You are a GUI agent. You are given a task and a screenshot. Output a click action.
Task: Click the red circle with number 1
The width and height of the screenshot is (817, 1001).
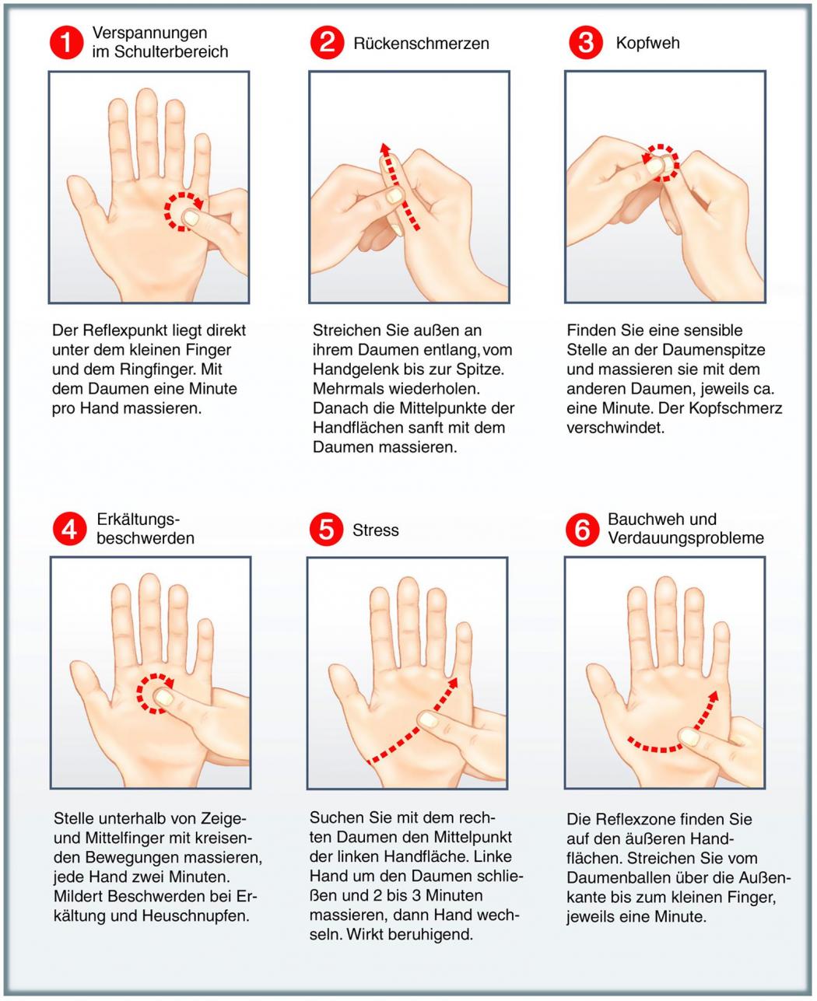tap(66, 42)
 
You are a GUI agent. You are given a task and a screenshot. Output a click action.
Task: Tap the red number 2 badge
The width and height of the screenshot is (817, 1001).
tap(327, 43)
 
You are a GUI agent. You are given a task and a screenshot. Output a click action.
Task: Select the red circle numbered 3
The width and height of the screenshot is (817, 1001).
tap(586, 42)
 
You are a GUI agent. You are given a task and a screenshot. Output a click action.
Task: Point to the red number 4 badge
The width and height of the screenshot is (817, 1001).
tap(69, 529)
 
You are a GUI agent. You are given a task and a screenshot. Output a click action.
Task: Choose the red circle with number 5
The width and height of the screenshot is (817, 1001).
tap(326, 529)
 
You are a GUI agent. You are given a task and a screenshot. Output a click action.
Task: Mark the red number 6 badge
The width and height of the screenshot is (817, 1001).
tap(583, 529)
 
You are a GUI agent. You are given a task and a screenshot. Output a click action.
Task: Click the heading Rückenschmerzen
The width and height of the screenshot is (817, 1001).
tap(421, 44)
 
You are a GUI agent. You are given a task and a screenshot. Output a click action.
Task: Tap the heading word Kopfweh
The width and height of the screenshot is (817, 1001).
tap(647, 43)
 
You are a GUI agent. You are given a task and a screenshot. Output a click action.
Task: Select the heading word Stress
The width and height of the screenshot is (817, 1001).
tap(376, 530)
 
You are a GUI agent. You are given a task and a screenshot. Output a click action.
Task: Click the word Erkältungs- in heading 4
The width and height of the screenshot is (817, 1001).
tap(139, 520)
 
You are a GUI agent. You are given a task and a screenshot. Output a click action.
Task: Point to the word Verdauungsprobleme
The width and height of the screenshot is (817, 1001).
tap(686, 537)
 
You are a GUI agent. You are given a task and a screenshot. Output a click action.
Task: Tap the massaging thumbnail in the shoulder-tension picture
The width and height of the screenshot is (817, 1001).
tap(191, 218)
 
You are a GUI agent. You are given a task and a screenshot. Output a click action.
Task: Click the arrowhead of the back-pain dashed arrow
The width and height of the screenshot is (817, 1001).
tap(385, 150)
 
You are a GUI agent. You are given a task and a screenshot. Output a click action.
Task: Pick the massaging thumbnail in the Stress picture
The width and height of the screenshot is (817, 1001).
tap(430, 719)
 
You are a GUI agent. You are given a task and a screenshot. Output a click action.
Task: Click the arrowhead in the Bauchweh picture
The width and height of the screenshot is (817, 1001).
tap(713, 696)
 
